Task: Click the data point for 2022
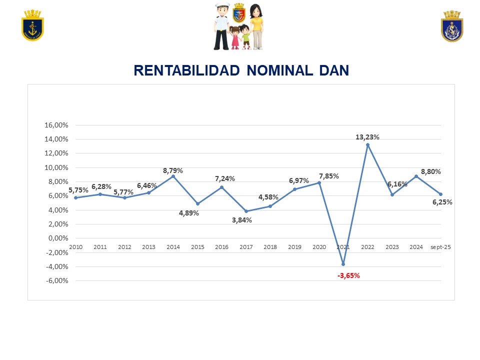(367, 145)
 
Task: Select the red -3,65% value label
(348, 275)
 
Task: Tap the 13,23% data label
(367, 136)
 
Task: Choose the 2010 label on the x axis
(75, 247)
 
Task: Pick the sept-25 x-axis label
(440, 247)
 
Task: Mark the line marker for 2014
(173, 176)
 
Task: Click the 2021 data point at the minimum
(343, 264)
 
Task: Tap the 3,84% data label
(242, 220)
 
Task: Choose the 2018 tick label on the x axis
(270, 247)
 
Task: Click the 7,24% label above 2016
(225, 178)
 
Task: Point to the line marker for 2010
(75, 197)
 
